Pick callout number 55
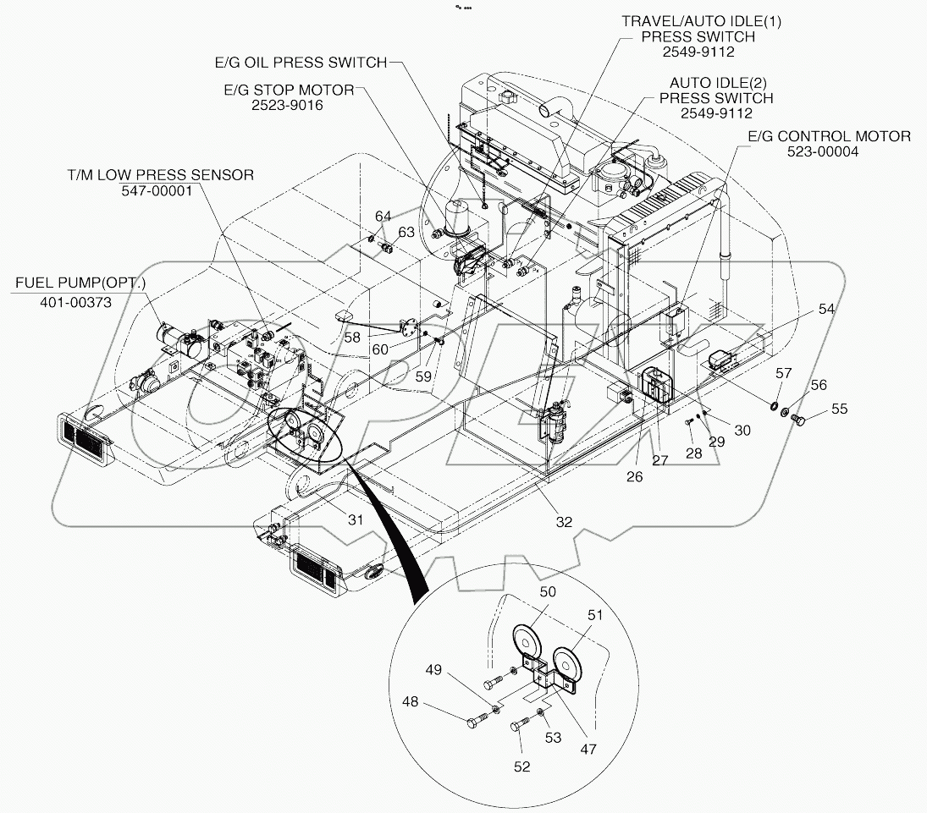[838, 409]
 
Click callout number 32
[564, 522]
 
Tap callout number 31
[356, 519]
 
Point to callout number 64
[383, 217]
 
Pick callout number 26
[635, 476]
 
